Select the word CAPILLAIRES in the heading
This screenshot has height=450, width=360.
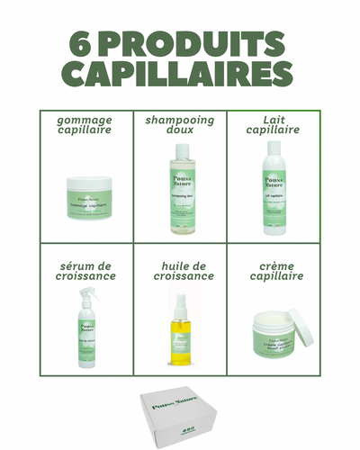click(180, 75)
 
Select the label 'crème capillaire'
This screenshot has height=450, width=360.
click(273, 270)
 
